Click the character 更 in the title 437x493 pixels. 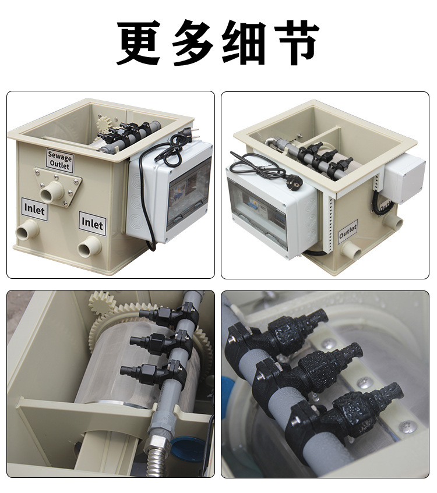pos(139,42)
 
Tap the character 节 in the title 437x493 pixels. pos(297,42)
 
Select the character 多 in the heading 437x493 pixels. pos(192,42)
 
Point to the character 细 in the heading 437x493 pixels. pos(244,42)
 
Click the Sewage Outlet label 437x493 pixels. pos(60,160)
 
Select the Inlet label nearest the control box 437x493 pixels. pos(92,224)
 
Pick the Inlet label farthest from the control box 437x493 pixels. pos(34,209)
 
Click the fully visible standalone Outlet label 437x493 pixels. pos(348,232)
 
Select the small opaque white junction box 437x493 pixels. pos(404,178)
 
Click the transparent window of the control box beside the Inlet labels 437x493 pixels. pos(188,193)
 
